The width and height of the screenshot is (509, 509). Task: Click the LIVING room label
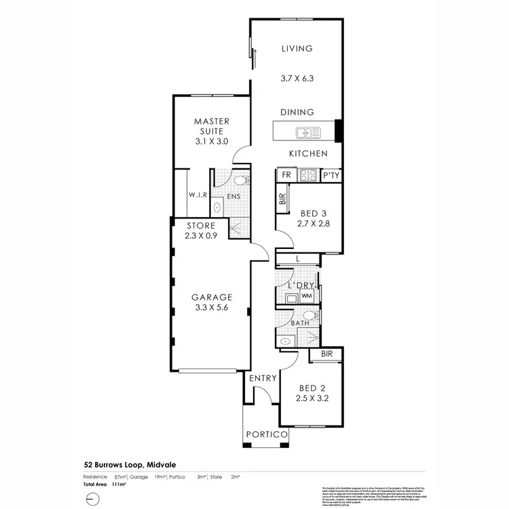[297, 48]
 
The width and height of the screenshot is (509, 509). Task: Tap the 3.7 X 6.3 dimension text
[297, 79]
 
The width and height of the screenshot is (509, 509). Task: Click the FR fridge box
[286, 175]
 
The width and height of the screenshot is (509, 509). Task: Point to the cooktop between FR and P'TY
[309, 175]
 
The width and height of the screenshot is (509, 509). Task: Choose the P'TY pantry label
[331, 175]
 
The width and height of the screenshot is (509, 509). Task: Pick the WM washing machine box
[306, 296]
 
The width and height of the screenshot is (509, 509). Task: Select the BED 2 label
[312, 389]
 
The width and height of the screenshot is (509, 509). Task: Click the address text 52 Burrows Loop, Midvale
[127, 466]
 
